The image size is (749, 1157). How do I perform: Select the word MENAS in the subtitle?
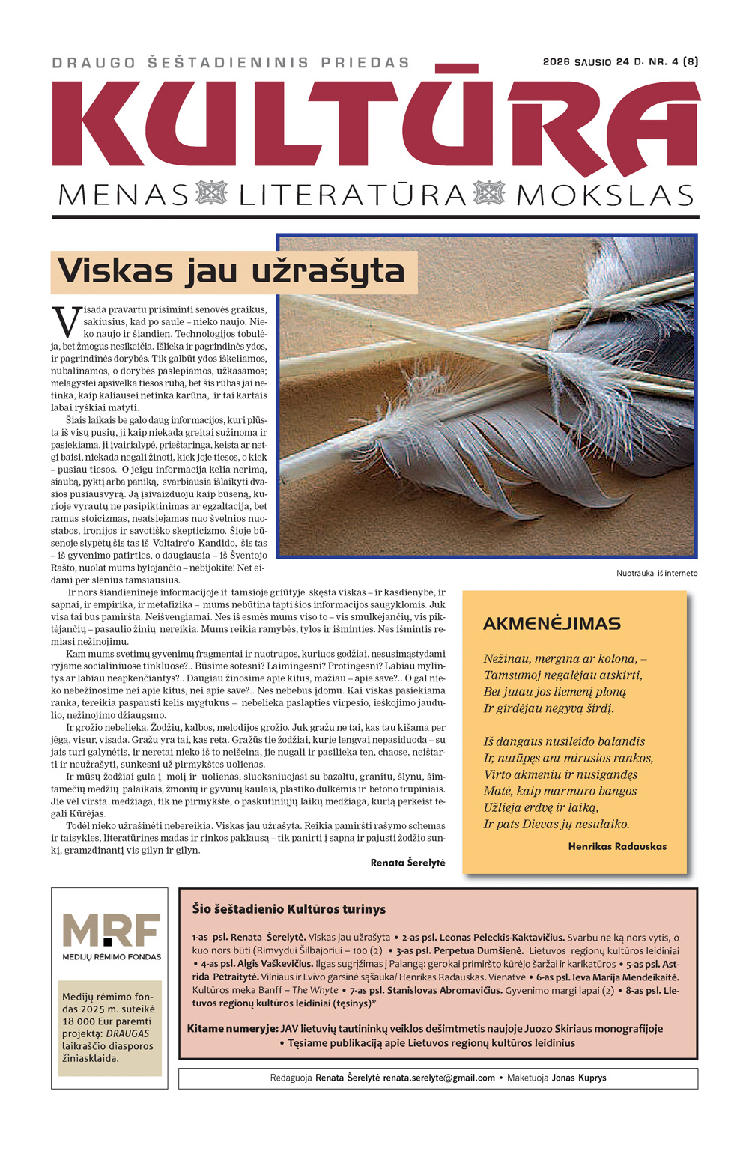point(124,196)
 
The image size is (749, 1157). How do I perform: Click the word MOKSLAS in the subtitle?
point(605,196)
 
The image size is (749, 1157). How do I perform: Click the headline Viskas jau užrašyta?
point(231,271)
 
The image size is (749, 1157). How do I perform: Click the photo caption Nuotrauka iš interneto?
point(656,573)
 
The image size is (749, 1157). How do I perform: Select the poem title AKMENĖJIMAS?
point(552,623)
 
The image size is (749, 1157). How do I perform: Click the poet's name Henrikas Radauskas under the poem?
point(617,846)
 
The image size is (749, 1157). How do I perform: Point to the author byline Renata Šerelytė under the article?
point(407,863)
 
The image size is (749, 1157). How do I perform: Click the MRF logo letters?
point(112,931)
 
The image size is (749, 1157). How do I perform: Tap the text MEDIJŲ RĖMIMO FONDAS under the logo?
point(112,956)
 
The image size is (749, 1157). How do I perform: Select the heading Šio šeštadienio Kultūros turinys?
point(288,909)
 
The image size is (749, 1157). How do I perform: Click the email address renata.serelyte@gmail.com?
point(439,1078)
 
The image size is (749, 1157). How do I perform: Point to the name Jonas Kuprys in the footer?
point(579,1078)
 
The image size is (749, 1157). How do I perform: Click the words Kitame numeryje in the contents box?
point(232,1028)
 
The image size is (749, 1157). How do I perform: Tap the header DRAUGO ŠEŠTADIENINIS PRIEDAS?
point(231,63)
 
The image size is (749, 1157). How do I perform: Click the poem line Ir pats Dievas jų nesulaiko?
point(557,824)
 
